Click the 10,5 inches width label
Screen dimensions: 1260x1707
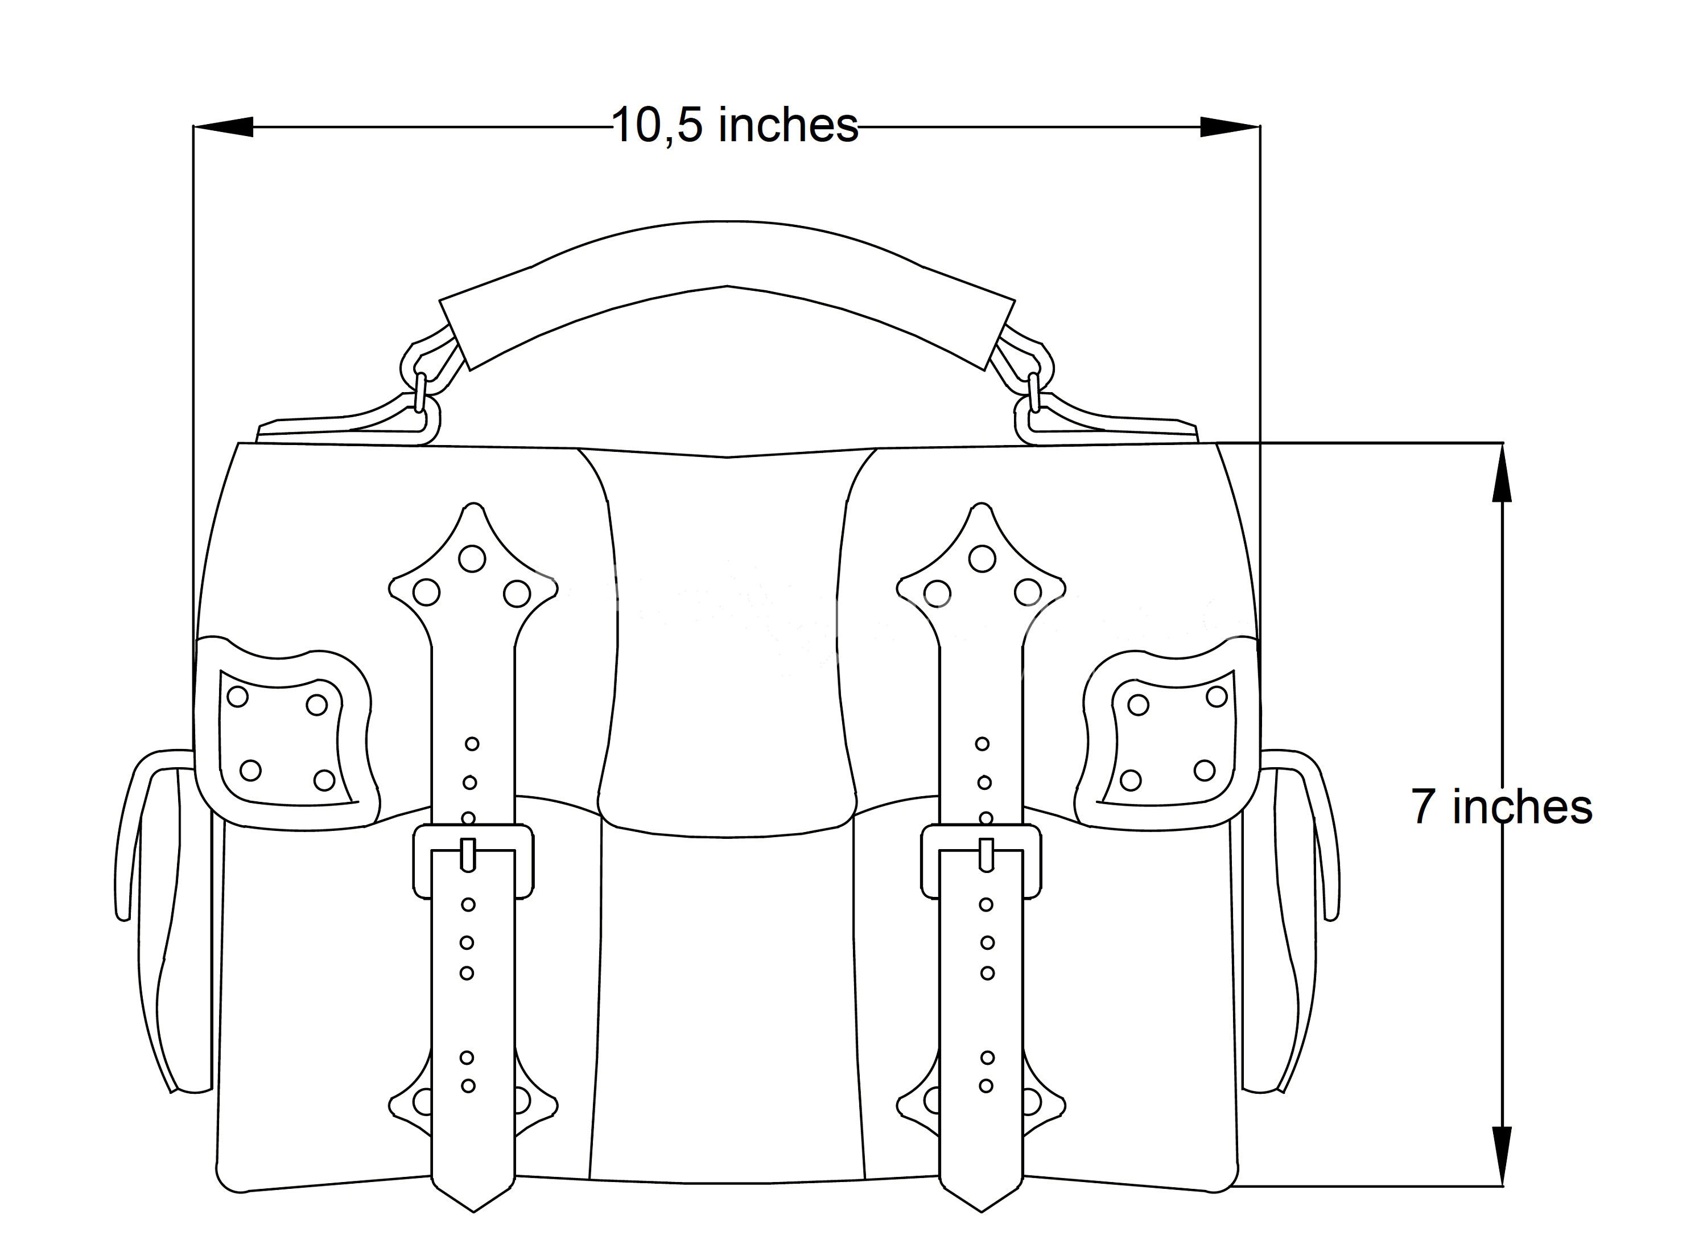(734, 126)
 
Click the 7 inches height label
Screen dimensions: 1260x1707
(1500, 807)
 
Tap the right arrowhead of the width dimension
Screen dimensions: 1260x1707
(1228, 126)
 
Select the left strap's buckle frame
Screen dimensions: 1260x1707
(473, 861)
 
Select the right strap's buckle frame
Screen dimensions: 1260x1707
(981, 861)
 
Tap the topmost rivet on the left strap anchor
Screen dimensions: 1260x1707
(472, 558)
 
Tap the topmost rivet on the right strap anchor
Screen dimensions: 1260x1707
(981, 558)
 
